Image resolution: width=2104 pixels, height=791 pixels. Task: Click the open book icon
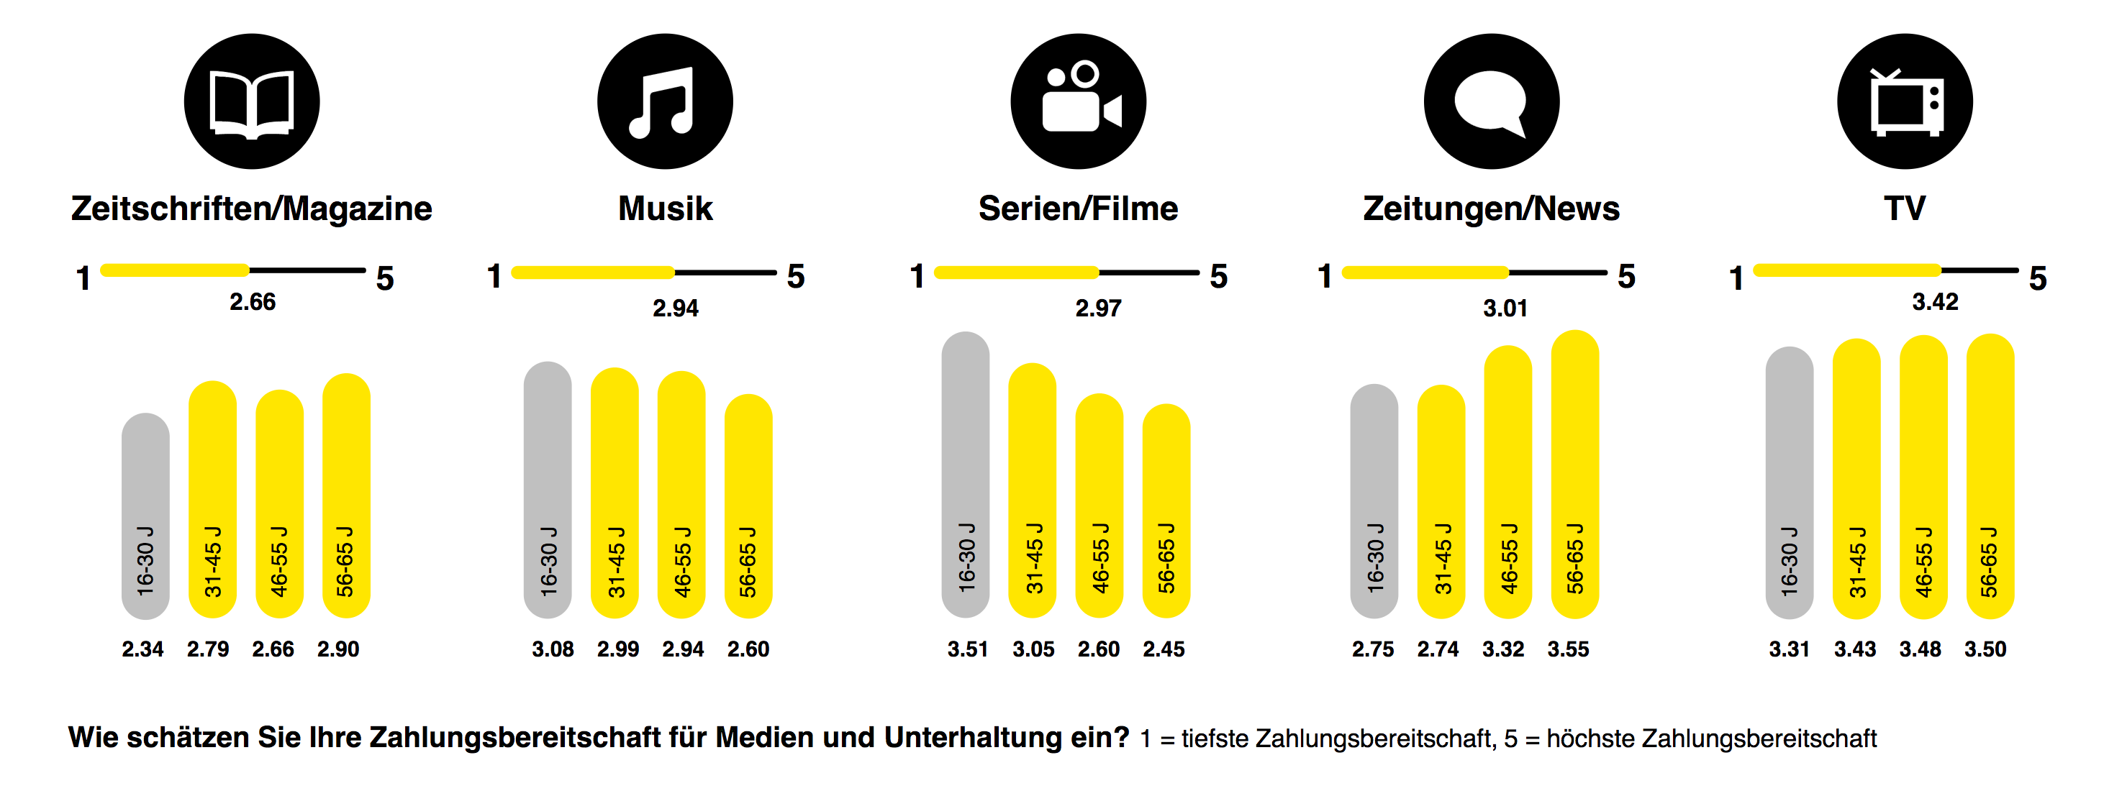[252, 101]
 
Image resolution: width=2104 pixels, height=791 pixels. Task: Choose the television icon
[1905, 101]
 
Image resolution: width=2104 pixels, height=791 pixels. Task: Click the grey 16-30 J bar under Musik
[548, 490]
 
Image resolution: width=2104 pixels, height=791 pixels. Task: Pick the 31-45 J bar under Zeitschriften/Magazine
[212, 500]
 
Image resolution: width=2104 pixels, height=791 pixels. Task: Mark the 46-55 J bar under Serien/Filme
[1099, 506]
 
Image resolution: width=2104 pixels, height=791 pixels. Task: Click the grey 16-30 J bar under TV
[1790, 483]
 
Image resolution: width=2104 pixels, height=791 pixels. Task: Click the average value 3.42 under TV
[1935, 302]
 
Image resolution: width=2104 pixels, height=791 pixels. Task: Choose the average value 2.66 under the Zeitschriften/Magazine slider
[253, 302]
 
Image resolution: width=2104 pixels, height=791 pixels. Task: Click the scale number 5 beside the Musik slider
[797, 277]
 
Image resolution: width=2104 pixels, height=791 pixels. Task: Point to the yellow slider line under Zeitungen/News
[1425, 272]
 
